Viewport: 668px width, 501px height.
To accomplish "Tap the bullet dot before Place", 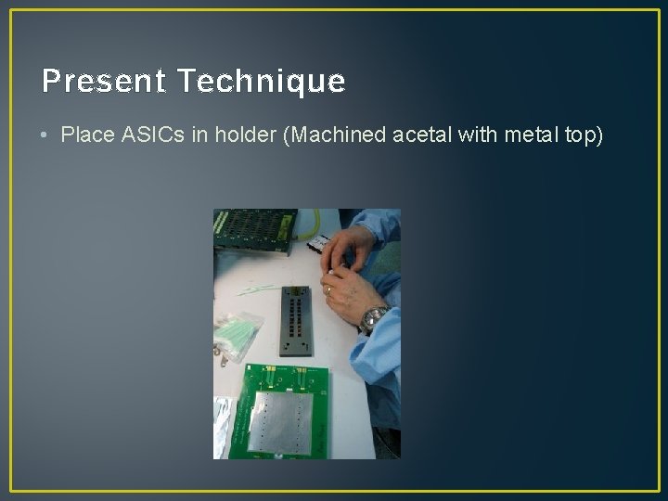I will point(45,136).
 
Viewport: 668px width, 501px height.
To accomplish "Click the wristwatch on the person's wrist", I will point(374,317).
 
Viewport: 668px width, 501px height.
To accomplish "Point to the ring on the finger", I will point(328,290).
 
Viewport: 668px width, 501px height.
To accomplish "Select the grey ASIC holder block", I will point(296,324).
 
